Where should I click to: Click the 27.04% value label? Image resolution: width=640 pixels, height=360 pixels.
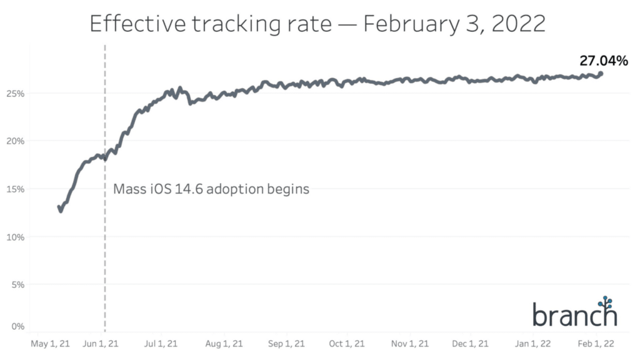(602, 61)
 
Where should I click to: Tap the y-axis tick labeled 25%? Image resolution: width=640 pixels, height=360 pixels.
(16, 93)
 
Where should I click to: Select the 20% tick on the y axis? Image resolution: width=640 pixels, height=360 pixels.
(16, 141)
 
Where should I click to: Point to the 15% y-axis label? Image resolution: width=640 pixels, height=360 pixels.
(16, 189)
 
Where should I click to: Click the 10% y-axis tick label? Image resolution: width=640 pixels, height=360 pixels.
(16, 237)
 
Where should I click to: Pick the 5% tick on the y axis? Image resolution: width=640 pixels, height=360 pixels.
(17, 284)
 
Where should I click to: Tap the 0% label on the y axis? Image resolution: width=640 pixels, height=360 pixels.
(17, 326)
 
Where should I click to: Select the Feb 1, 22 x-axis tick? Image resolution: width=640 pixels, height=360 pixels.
(596, 344)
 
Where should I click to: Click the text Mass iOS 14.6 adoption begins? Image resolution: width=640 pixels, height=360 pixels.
(211, 189)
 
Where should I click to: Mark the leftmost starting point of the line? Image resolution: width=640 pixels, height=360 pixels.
(59, 207)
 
